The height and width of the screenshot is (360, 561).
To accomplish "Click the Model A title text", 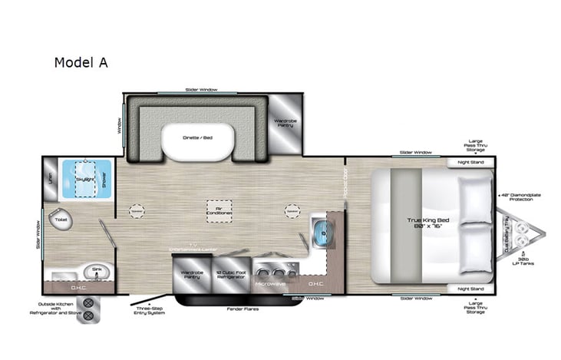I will coord(81,63).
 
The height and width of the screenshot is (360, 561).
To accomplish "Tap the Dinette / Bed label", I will coord(197,137).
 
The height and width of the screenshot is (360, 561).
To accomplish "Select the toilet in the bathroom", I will coord(61,220).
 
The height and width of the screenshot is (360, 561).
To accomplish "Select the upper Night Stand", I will coord(470,163).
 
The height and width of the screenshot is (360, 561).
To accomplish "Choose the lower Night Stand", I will coord(470,289).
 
